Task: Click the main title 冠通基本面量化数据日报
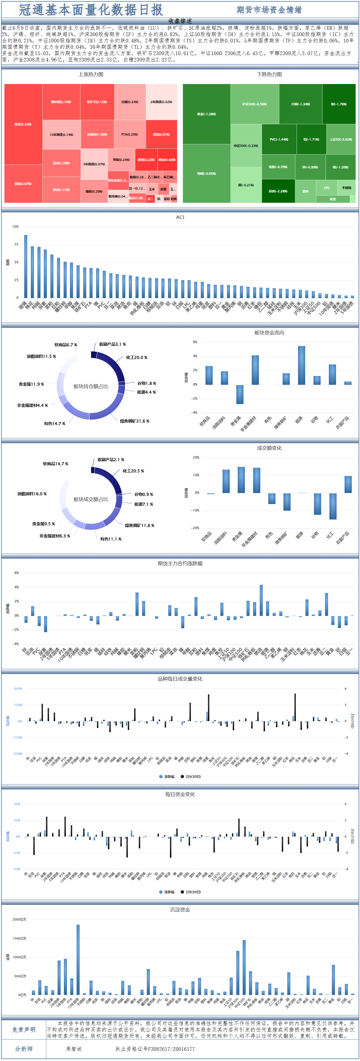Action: pos(91,10)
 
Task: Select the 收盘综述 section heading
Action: pos(180,21)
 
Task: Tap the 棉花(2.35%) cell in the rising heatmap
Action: pos(23,124)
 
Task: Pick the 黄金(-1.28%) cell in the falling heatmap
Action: pos(206,114)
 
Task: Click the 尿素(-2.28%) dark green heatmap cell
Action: pos(278,191)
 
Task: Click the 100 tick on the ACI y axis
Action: pos(15,226)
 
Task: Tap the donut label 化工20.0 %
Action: pos(136,358)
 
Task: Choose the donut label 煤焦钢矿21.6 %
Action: pos(134,421)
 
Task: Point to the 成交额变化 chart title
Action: pos(269,448)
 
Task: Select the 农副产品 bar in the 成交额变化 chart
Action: pos(348,485)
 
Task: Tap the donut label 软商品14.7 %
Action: pos(56,464)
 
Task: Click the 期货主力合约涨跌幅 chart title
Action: pos(180,564)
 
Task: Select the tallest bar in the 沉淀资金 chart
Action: pos(78,959)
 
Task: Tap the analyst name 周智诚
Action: pos(74,1049)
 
